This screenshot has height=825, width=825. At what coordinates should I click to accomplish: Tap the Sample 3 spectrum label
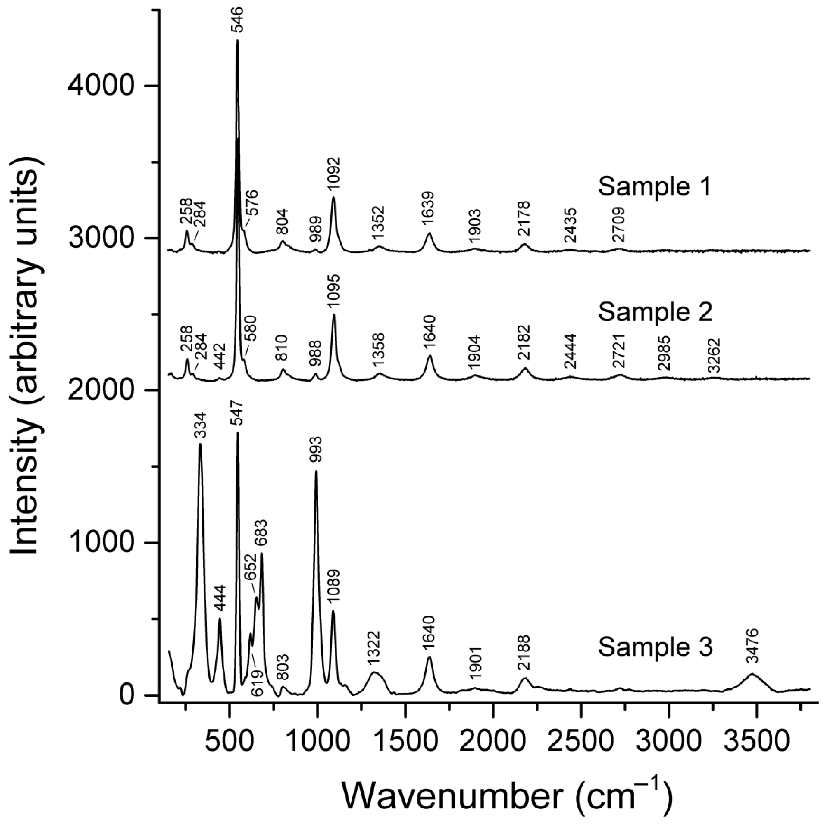[655, 648]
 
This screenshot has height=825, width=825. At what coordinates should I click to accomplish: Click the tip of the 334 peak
[200, 444]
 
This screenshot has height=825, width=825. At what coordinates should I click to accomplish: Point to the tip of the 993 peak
[316, 471]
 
